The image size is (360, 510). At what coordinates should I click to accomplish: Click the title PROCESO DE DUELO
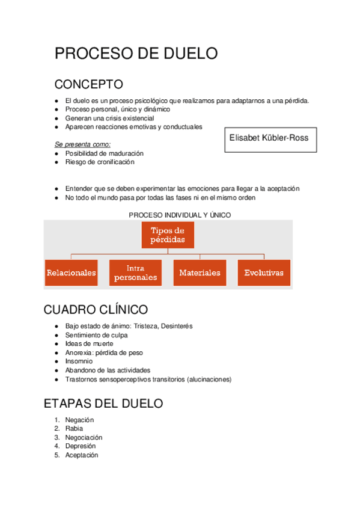136,54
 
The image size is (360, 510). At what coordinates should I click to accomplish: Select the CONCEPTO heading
88,84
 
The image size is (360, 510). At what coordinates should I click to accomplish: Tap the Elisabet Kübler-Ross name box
269,138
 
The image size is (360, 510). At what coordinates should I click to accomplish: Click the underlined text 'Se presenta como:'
82,144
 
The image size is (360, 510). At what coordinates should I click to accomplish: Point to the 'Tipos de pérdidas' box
168,235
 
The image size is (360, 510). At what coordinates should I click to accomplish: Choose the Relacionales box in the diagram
72,272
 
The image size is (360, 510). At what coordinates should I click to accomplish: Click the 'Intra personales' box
135,272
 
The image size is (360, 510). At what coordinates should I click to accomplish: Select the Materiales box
200,272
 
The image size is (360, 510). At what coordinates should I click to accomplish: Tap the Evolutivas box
264,272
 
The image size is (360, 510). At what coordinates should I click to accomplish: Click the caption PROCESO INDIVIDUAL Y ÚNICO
180,215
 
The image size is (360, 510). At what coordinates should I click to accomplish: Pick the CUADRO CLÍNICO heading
96,310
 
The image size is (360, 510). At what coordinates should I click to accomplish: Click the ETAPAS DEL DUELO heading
103,404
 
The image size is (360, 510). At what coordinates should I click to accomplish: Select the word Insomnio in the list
79,361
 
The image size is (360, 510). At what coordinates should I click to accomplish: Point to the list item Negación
79,420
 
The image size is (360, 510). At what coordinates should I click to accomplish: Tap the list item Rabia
74,429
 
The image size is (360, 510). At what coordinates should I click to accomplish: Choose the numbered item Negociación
84,437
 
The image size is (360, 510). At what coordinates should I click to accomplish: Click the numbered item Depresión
81,446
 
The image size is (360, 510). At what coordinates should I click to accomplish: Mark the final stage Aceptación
81,455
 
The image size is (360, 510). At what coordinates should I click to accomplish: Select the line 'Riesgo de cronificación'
99,162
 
